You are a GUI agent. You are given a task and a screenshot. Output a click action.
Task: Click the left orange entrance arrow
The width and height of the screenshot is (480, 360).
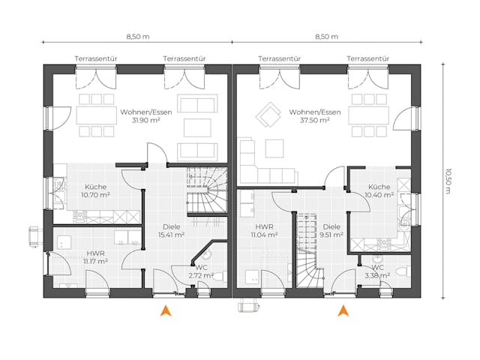166,310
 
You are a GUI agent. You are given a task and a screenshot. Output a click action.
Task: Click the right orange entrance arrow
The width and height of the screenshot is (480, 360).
343,310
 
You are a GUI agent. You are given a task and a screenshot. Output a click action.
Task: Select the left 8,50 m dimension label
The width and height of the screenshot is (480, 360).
138,36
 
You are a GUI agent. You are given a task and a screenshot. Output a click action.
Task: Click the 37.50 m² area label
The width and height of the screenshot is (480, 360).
315,120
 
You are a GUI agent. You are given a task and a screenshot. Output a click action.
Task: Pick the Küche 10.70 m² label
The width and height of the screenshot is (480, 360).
95,190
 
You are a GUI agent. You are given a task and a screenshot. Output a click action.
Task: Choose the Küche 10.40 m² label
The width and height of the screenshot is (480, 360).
379,190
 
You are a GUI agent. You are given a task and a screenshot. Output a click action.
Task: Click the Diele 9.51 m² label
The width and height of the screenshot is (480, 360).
332,230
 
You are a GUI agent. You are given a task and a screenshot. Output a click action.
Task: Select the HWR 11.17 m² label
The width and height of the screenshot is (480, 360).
96,257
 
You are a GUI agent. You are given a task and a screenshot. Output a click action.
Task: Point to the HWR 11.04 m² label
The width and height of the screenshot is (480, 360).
265,230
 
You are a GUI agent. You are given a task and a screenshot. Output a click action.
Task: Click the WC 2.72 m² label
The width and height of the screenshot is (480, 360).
200,271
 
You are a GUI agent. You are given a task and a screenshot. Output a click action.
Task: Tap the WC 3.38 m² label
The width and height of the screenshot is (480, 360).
377,271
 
